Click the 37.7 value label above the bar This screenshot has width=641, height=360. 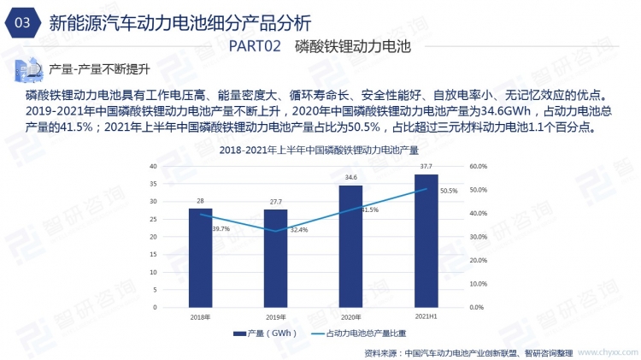pyautogui.click(x=426, y=167)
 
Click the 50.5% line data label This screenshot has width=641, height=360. pyautogui.click(x=449, y=192)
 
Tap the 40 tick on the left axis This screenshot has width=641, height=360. pyautogui.click(x=152, y=166)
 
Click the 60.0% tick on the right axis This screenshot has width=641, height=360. pyautogui.click(x=478, y=166)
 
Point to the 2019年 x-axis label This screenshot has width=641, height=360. pyautogui.click(x=275, y=316)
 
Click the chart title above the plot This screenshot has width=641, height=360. pyautogui.click(x=318, y=150)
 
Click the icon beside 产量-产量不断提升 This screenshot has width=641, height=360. pyautogui.click(x=28, y=68)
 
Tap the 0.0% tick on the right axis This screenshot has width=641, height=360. pyautogui.click(x=476, y=306)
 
